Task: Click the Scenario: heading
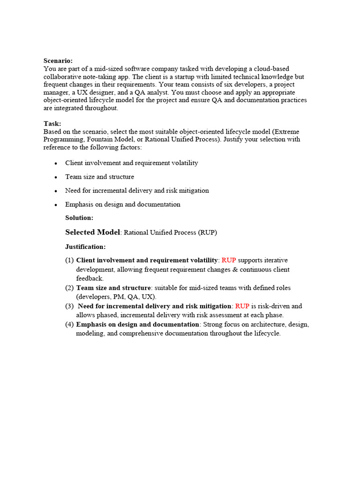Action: pos(58,60)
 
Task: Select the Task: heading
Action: pos(52,123)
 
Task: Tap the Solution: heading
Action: pos(79,217)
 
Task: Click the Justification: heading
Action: pos(85,247)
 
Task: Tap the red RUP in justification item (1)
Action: pos(229,260)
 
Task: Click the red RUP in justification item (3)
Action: pos(242,306)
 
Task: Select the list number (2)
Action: pos(69,288)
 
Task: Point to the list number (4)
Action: pos(69,324)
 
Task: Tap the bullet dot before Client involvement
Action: pos(56,164)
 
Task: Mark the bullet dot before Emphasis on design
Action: pos(56,205)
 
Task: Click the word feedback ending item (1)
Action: pos(90,278)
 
